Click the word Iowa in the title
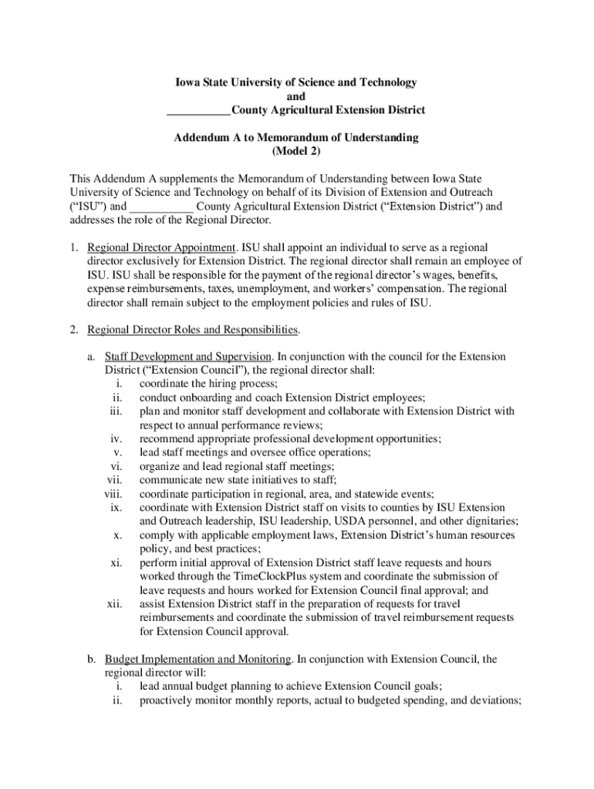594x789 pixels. [185, 82]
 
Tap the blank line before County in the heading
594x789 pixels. [198, 110]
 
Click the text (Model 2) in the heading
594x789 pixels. [296, 152]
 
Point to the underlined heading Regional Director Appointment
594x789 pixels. [161, 248]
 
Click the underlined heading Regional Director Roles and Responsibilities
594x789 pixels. [192, 331]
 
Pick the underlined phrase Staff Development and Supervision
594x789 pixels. [187, 357]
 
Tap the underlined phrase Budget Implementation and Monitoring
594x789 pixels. [197, 660]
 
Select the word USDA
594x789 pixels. [383, 522]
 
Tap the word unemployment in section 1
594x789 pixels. [275, 289]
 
